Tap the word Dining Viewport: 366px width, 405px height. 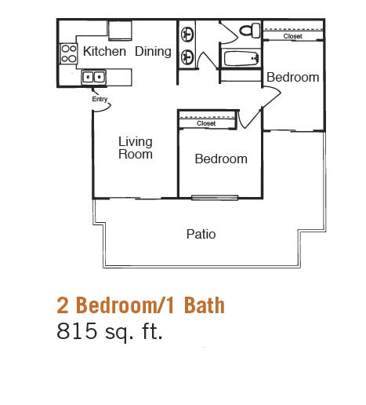click(x=153, y=53)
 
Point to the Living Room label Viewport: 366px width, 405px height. click(x=135, y=148)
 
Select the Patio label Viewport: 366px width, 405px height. click(x=201, y=234)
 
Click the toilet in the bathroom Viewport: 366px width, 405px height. click(x=250, y=31)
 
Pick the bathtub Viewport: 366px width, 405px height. click(x=241, y=59)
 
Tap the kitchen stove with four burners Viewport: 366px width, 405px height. click(x=67, y=53)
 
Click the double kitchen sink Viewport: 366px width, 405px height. click(x=94, y=77)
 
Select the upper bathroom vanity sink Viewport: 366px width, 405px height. click(x=188, y=35)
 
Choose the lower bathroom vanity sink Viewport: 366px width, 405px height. click(x=188, y=57)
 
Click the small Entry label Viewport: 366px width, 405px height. click(x=100, y=99)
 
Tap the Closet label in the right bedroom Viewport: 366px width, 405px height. click(x=292, y=36)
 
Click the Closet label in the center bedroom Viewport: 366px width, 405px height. click(x=206, y=123)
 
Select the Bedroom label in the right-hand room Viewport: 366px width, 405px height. click(x=292, y=77)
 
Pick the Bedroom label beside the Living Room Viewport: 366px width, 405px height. click(x=221, y=159)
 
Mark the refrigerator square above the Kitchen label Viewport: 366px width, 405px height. click(x=120, y=29)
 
